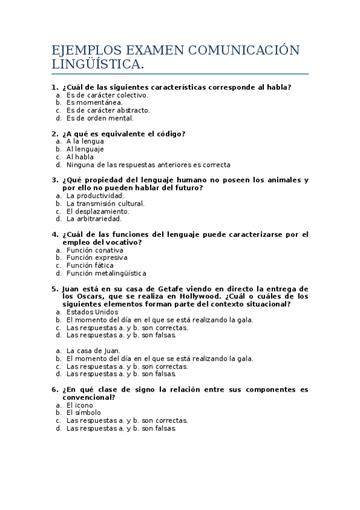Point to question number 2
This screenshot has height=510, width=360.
coord(55,134)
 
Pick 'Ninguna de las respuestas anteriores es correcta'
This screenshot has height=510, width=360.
coord(148,165)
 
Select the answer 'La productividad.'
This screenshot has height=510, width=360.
coord(95,195)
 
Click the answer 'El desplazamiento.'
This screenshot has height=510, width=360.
coord(97,211)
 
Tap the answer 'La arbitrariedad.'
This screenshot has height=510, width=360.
coord(94,219)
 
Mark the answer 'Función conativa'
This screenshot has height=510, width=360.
coord(94,250)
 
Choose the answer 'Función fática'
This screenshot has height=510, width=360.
coord(90,265)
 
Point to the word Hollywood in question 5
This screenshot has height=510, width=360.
coord(202,296)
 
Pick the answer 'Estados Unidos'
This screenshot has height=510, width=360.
coord(92,312)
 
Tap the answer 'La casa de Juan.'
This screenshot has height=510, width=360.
coord(93,351)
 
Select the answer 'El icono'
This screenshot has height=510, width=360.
coord(79,405)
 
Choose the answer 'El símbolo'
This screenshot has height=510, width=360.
coord(84,413)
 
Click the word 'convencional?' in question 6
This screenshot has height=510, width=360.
coord(88,398)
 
